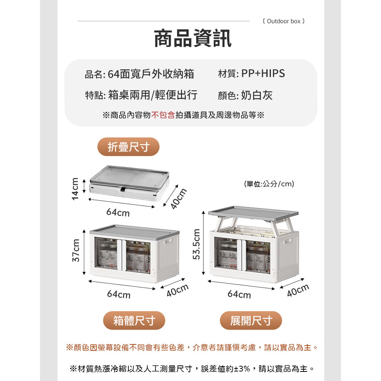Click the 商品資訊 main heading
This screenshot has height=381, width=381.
[x=193, y=38]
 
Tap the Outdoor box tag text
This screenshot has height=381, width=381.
[x=283, y=21]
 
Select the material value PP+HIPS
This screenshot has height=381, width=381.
[x=263, y=74]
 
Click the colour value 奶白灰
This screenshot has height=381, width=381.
[x=256, y=95]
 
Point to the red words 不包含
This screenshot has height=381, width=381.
[x=163, y=115]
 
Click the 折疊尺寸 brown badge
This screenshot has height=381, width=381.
[x=128, y=147]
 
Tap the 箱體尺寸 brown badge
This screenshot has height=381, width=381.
[x=134, y=320]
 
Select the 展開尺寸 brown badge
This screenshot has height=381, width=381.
[x=251, y=320]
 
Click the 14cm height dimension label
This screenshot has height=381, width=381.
[x=75, y=189]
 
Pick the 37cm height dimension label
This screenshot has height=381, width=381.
[x=76, y=251]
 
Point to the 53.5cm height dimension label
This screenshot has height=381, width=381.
[x=196, y=244]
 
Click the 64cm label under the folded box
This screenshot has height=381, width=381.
[x=118, y=212]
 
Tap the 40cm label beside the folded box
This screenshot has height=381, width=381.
[x=178, y=199]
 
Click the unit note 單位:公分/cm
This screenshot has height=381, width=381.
[x=269, y=184]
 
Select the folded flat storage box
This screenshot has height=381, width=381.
[x=129, y=183]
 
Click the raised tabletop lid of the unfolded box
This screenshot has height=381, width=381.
[x=253, y=213]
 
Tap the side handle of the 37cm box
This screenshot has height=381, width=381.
[x=168, y=242]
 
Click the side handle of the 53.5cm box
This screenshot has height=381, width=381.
[x=288, y=242]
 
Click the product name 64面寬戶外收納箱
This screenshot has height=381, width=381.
[x=151, y=74]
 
